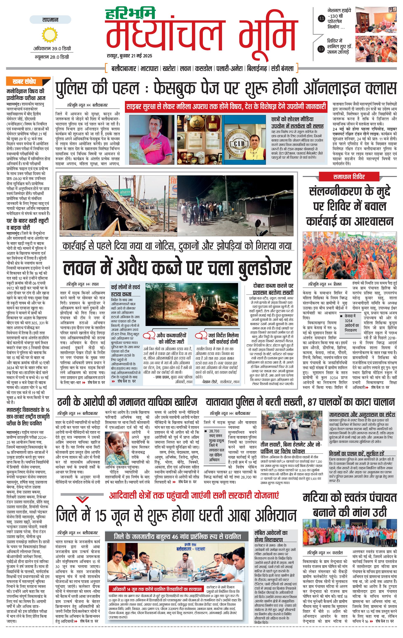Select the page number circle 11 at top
tap(322, 19)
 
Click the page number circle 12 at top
tap(322, 49)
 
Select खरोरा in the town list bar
tap(169, 69)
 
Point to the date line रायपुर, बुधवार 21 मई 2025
tap(129, 56)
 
